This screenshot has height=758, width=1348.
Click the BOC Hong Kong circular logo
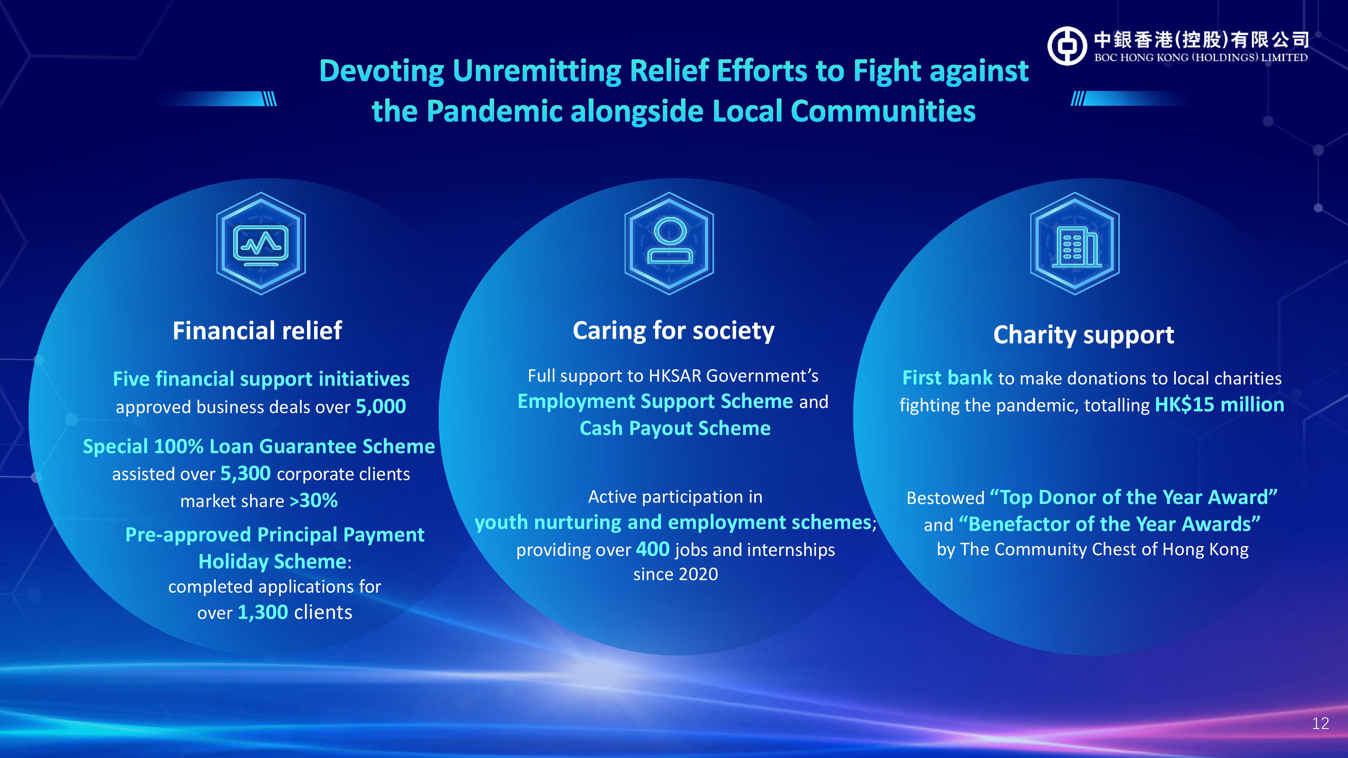pyautogui.click(x=1067, y=46)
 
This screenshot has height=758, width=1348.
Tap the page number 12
pyautogui.click(x=1320, y=724)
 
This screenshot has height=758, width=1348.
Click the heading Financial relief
pyautogui.click(x=257, y=330)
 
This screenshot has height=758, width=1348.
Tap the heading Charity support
pyautogui.click(x=1084, y=335)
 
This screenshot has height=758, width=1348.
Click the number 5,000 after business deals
pyautogui.click(x=381, y=407)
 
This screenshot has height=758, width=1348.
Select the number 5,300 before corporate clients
pyautogui.click(x=245, y=473)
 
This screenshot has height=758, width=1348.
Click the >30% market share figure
pyautogui.click(x=313, y=501)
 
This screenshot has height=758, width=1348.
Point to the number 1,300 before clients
pyautogui.click(x=263, y=612)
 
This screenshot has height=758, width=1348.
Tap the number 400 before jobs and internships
pyautogui.click(x=652, y=549)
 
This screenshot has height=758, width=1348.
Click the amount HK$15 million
pyautogui.click(x=1219, y=405)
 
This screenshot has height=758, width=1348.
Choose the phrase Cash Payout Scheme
pyautogui.click(x=675, y=429)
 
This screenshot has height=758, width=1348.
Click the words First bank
pyautogui.click(x=948, y=378)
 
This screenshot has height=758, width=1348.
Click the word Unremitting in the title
pyautogui.click(x=537, y=71)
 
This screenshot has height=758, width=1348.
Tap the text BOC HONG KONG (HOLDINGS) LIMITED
pyautogui.click(x=1201, y=58)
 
